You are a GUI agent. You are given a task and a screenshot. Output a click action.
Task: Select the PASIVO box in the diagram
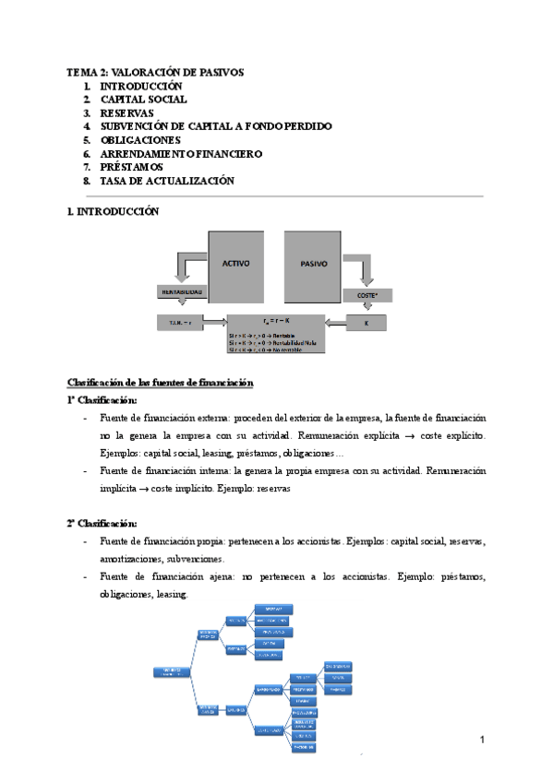pos(314,263)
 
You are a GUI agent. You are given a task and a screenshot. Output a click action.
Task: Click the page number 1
pos(483,740)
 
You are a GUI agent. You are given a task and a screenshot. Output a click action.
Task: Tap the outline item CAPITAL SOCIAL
pos(143,99)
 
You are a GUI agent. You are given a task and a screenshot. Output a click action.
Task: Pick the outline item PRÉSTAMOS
pos(131,167)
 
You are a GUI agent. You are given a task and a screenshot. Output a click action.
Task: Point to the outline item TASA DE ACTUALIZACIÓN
pos(167,181)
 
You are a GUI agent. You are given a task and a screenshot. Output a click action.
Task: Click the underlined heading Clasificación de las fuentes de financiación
pos(161,382)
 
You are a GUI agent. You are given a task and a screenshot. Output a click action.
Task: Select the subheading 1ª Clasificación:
pos(102,400)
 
